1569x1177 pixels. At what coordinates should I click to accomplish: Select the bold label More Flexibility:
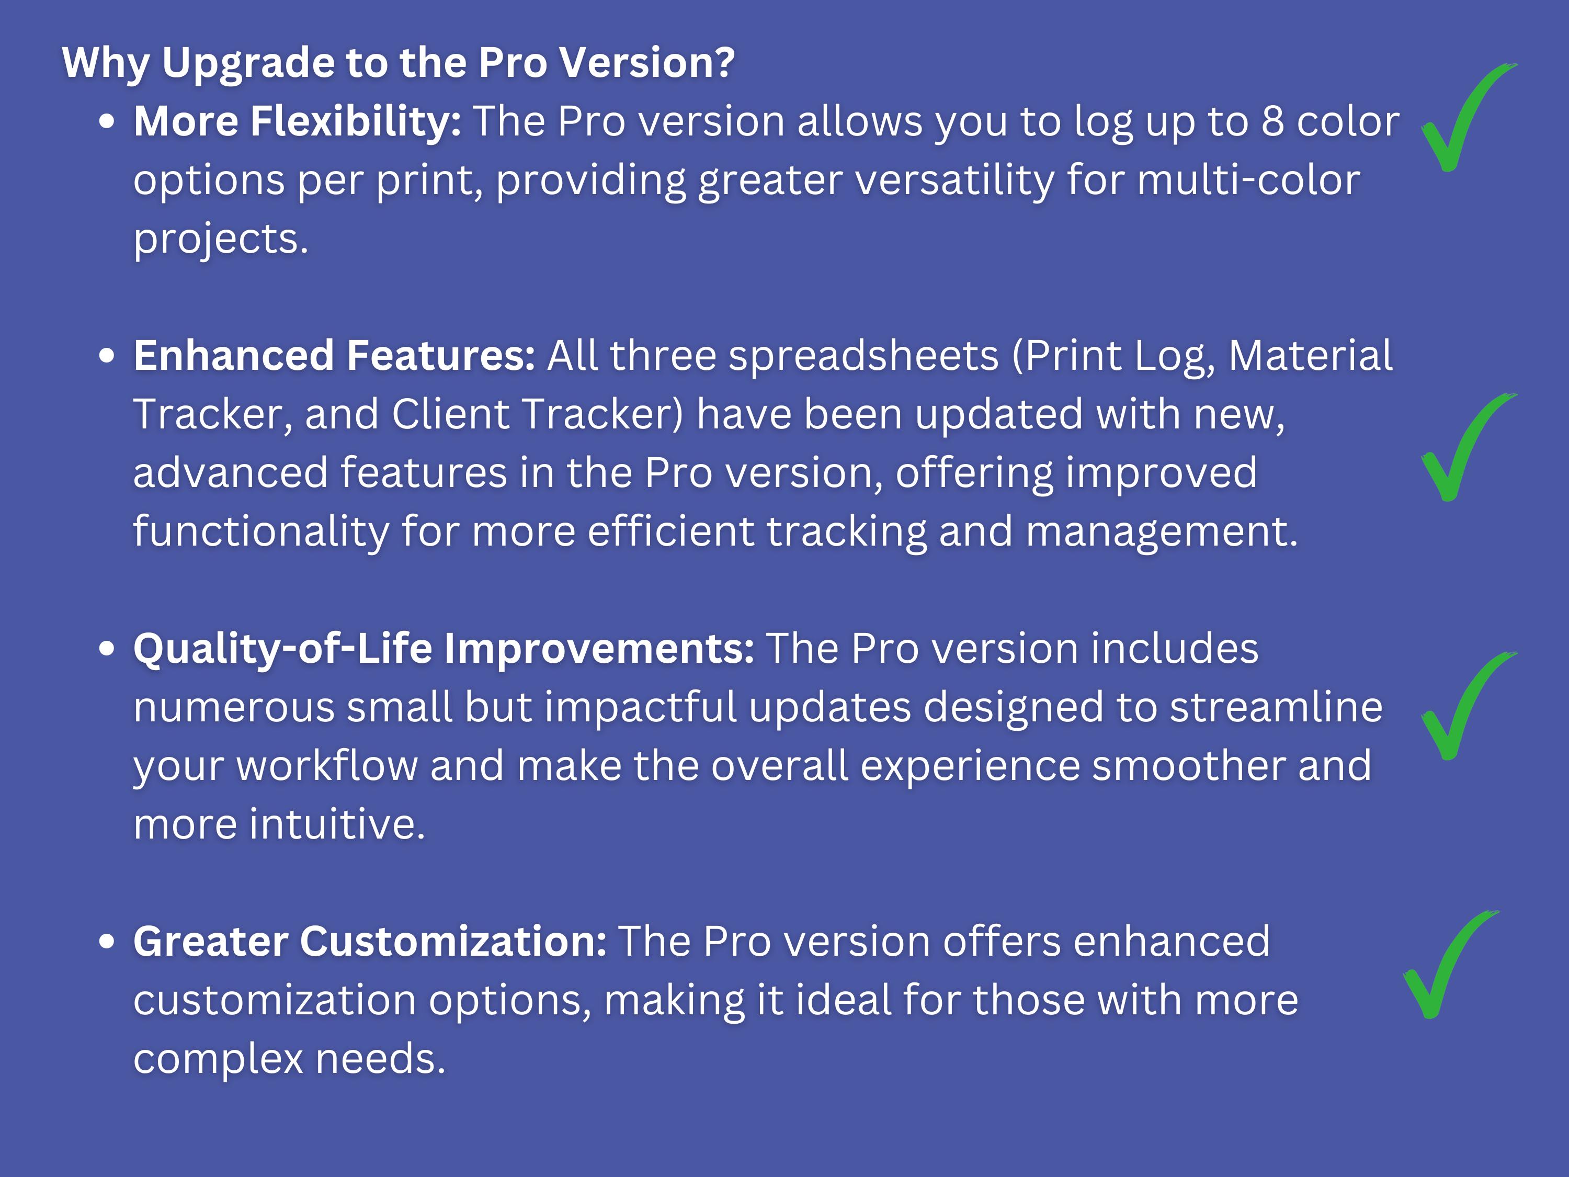click(x=297, y=121)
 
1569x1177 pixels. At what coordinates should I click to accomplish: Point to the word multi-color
click(x=1249, y=180)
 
